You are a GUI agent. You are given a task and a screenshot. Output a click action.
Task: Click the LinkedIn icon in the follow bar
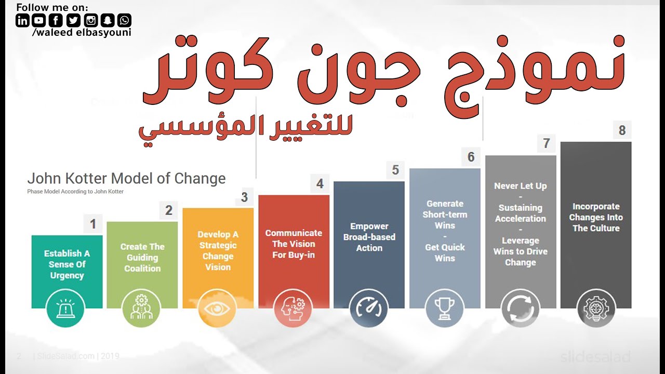23,20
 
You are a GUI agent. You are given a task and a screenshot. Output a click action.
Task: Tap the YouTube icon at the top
39,20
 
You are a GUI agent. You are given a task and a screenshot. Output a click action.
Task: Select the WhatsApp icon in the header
125,20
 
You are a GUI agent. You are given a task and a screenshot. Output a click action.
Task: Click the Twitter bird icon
73,20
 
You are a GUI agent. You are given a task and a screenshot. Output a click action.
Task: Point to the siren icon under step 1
65,309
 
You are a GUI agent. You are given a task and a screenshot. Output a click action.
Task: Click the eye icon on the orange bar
217,309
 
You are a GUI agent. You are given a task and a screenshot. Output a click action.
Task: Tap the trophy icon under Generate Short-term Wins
445,309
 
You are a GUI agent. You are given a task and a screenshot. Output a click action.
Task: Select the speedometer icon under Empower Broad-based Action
369,309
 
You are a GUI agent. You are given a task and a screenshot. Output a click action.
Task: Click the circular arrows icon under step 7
521,309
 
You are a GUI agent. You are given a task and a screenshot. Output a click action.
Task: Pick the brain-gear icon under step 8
596,309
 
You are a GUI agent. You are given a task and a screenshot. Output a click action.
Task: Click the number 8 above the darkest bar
622,130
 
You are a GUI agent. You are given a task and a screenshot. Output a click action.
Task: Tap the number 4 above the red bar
320,183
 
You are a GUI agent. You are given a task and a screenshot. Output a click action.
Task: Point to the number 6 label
471,157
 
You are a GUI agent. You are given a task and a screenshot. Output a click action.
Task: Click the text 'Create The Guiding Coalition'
142,258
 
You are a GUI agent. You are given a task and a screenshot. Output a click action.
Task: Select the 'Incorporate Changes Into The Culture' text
596,217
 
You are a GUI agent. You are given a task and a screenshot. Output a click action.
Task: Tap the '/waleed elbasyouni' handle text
82,33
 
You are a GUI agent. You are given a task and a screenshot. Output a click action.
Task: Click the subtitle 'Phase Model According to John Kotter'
75,192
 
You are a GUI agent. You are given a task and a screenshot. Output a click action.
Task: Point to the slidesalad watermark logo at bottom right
595,357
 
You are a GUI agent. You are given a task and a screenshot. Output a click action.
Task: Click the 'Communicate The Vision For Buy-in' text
294,244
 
